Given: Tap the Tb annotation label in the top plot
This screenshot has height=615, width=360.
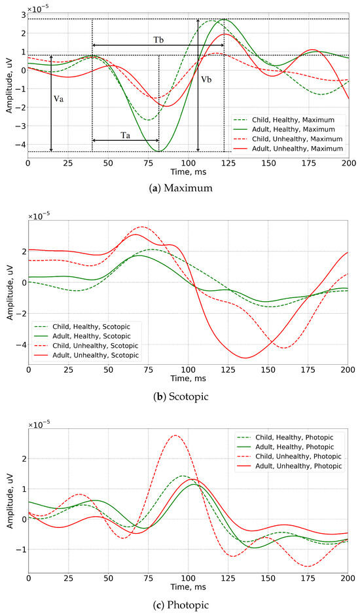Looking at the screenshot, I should [158, 39].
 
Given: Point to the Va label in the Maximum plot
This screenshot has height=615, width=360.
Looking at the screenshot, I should [59, 100].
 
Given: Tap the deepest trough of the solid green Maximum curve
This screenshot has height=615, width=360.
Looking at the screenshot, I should [160, 151].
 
